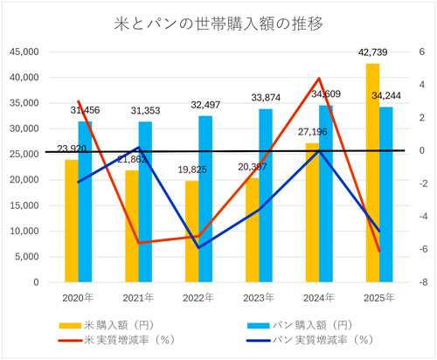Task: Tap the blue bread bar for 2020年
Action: [x=85, y=202]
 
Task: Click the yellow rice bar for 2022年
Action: [x=192, y=232]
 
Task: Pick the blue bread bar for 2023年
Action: [x=265, y=196]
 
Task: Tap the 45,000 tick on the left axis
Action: [x=24, y=52]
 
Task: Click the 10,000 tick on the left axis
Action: [x=24, y=232]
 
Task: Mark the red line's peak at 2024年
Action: [x=320, y=79]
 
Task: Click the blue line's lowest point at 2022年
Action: [x=199, y=248]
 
